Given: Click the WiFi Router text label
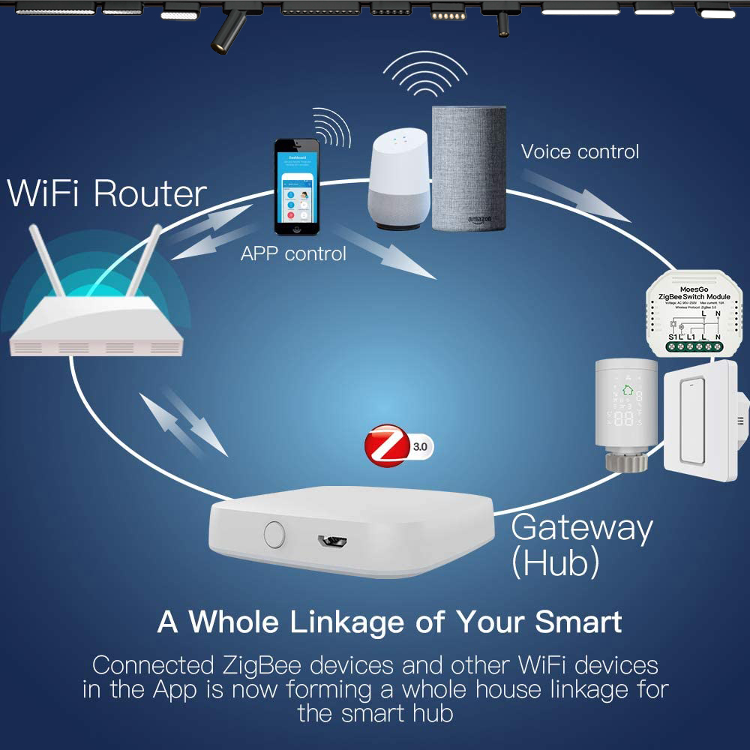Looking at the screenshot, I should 106,193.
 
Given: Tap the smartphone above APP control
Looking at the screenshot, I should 296,187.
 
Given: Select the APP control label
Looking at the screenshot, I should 293,253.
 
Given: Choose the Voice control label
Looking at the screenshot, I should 580,151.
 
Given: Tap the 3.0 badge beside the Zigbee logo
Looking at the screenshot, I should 420,448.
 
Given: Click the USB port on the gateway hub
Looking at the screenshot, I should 331,539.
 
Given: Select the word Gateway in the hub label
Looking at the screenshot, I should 581,528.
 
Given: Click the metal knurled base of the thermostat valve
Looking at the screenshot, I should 626,462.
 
